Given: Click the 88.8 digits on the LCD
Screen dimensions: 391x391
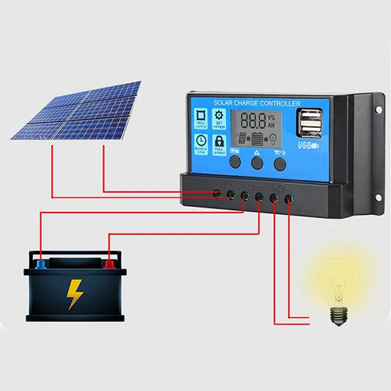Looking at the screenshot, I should tap(253, 121).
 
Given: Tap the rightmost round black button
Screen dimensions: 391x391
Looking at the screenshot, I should tap(280, 163).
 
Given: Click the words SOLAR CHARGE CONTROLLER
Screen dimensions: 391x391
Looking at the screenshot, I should tap(257, 103).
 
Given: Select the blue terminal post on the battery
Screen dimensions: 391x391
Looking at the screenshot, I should tap(42, 264).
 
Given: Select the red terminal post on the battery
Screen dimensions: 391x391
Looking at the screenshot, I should tap(109, 264).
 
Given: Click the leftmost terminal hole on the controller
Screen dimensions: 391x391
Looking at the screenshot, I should tap(217, 195).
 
